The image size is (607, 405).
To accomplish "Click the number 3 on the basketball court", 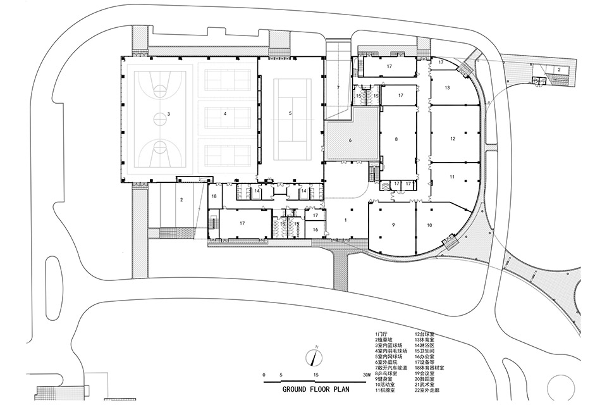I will [x=169, y=115].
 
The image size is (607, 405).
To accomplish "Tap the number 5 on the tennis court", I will [x=290, y=113].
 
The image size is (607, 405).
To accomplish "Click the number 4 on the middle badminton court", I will [x=224, y=114].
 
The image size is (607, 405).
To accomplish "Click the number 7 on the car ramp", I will [x=338, y=87].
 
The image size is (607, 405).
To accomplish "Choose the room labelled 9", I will [x=393, y=225].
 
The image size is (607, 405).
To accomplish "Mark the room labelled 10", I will [x=429, y=225].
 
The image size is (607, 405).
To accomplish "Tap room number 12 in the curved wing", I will [x=453, y=138].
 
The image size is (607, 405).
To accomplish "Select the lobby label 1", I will [x=346, y=220].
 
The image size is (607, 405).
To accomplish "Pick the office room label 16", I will [x=315, y=229].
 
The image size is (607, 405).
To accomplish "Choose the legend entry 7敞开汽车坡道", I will [x=393, y=368].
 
